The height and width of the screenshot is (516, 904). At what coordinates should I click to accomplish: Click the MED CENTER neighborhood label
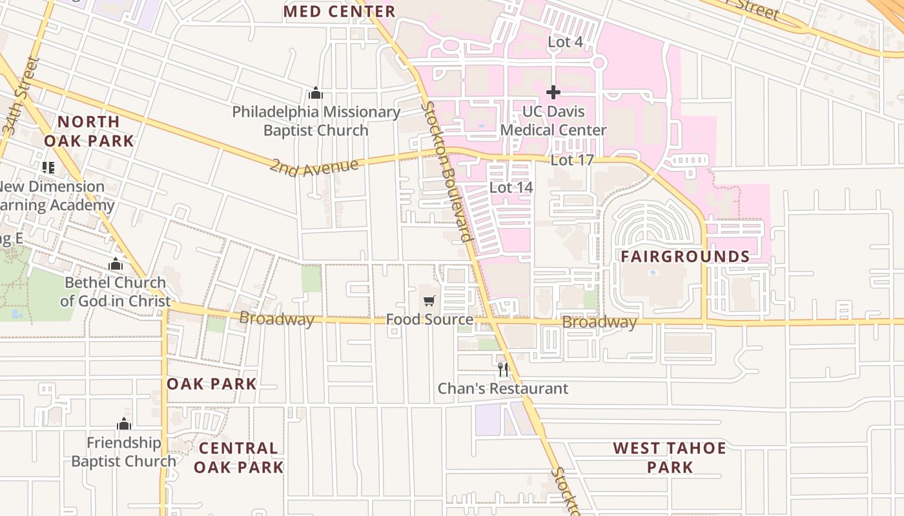(x=339, y=12)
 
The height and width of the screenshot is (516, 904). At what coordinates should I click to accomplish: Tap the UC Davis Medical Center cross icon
(x=553, y=92)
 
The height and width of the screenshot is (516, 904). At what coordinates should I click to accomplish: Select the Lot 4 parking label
(x=565, y=42)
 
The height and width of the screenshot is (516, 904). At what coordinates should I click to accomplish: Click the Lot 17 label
(x=571, y=160)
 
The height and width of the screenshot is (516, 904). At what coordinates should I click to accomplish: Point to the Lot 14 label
(x=511, y=188)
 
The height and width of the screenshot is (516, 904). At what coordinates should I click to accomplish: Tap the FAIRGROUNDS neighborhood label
(x=685, y=257)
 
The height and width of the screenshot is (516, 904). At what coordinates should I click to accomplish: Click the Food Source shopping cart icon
(x=429, y=301)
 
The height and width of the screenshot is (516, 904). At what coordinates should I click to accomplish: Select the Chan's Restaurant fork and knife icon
(x=503, y=370)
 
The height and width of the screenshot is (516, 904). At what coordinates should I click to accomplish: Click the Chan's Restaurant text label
(x=503, y=389)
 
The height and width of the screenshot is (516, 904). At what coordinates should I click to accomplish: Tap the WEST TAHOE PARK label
(x=670, y=457)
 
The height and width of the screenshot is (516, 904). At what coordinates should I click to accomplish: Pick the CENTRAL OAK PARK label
(x=238, y=457)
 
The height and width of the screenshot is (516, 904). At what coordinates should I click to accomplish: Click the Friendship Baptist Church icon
(x=124, y=424)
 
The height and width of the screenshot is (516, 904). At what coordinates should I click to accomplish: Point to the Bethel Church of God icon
(x=116, y=264)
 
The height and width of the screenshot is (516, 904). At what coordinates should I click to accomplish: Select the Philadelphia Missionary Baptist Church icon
(x=316, y=93)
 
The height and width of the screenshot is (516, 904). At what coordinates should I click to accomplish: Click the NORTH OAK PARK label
(x=88, y=131)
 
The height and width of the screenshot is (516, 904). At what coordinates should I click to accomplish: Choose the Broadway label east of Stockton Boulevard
(x=599, y=322)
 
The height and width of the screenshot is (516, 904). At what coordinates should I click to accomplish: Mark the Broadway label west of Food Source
(x=276, y=318)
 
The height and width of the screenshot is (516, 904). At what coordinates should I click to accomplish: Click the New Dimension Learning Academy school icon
(x=48, y=168)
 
